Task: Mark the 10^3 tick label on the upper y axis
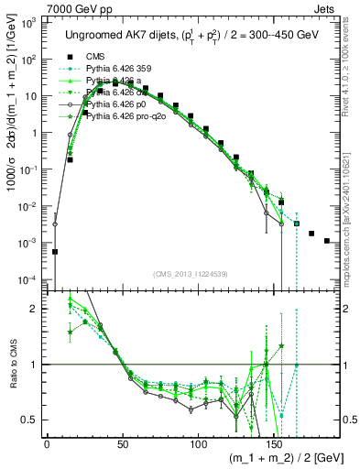pos(29,22)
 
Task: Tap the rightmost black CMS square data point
pos(327,241)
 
